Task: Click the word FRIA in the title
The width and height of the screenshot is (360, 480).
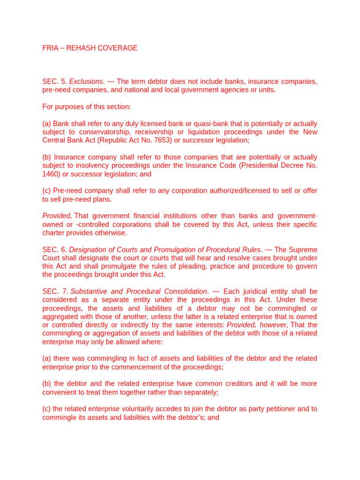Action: (50, 48)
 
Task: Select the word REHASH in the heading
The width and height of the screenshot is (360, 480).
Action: (82, 48)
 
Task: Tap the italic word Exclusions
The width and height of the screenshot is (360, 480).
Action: (86, 82)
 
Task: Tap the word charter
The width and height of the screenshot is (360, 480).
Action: (53, 232)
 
